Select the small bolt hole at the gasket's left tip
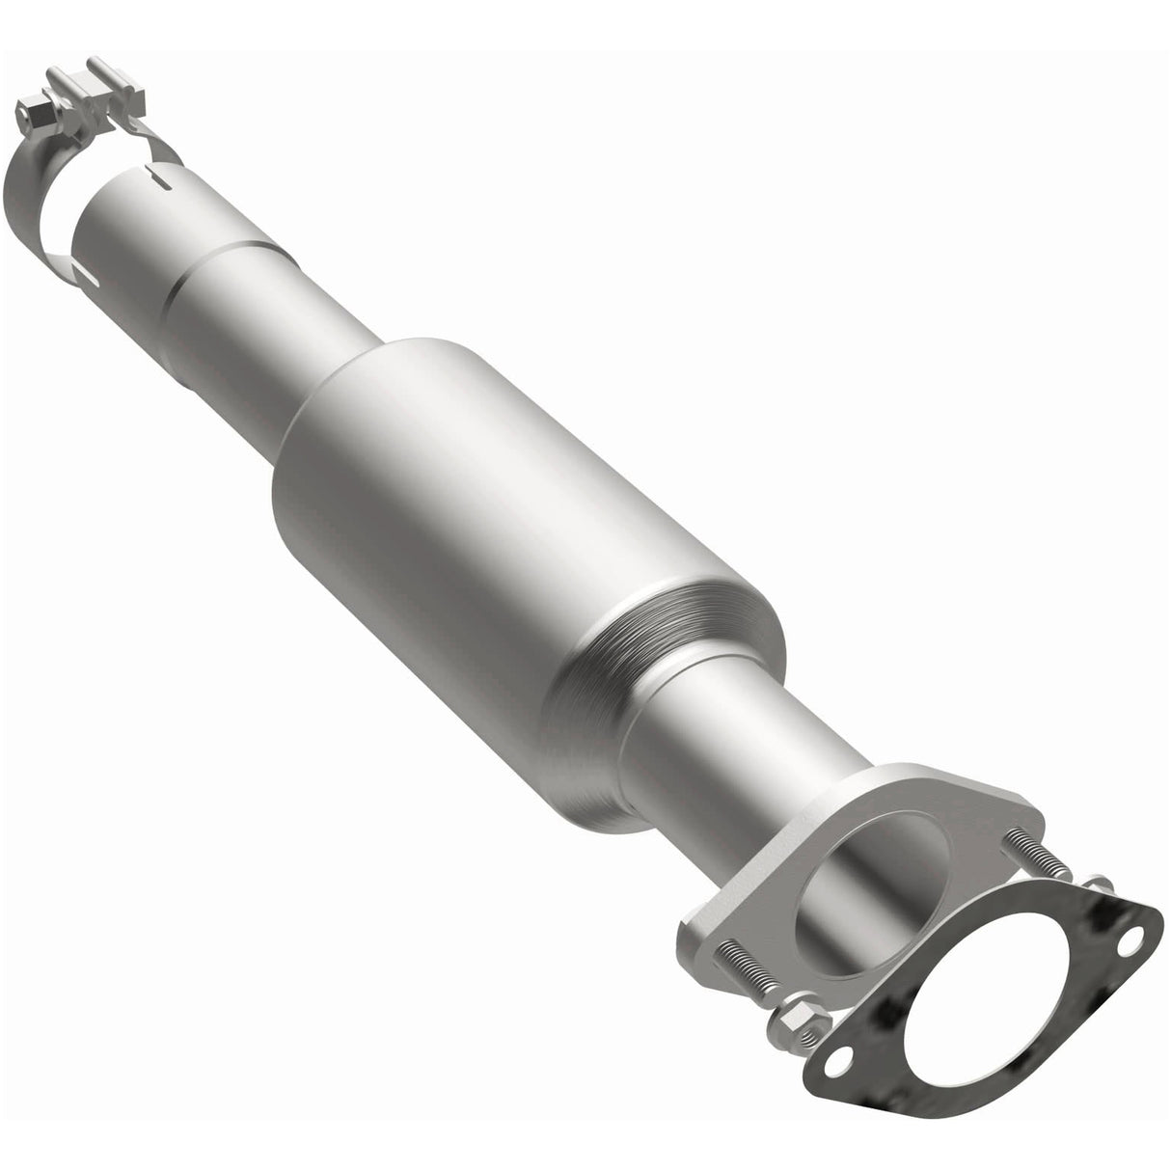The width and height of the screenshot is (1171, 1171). pos(835,1062)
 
